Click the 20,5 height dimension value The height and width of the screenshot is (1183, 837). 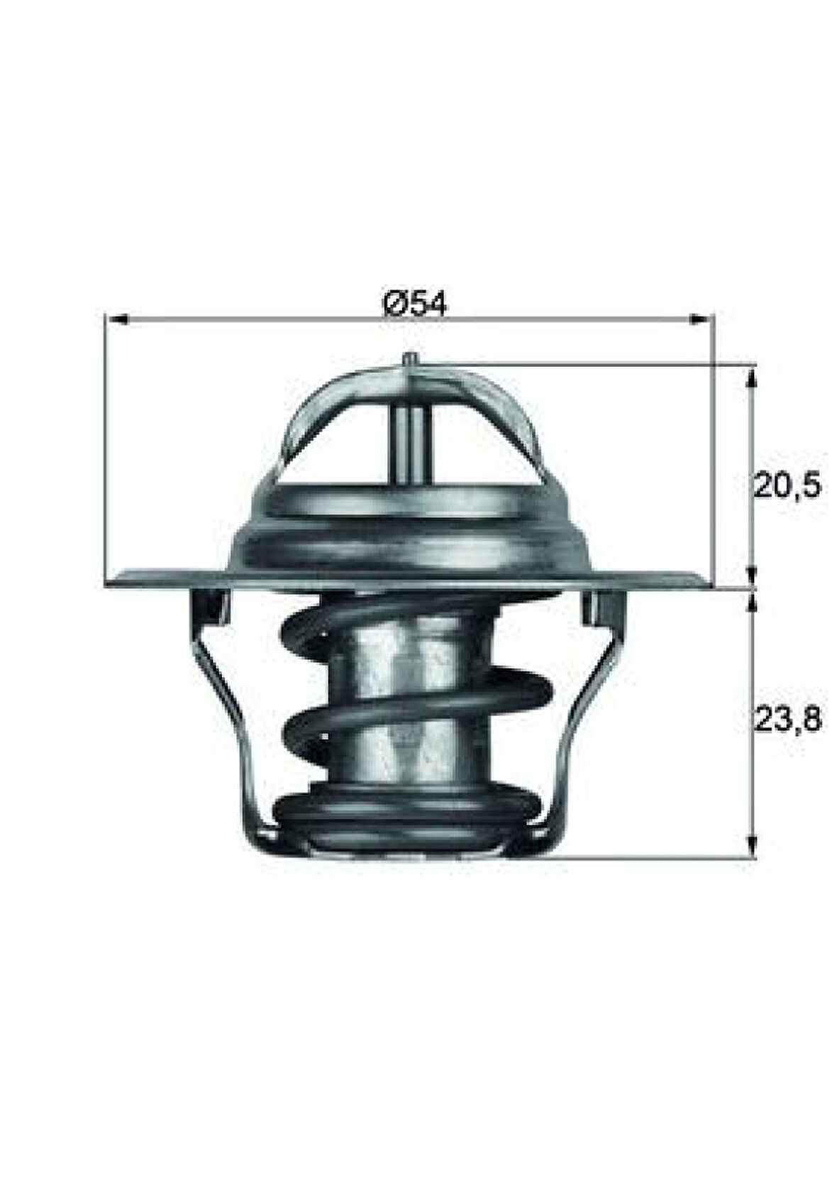[x=785, y=487]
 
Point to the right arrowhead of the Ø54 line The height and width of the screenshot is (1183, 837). [x=699, y=319]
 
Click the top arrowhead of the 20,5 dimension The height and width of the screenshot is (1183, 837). [x=753, y=376]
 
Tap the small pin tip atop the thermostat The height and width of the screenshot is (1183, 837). [x=410, y=360]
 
